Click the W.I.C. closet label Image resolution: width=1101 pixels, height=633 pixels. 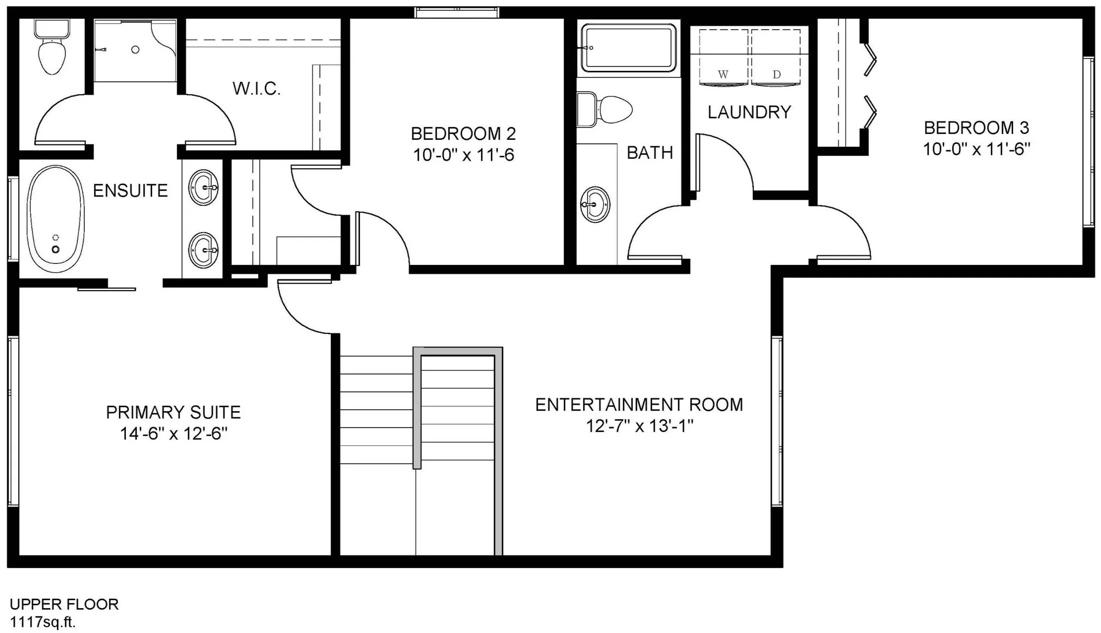pos(256,89)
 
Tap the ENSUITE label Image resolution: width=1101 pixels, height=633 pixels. pos(130,190)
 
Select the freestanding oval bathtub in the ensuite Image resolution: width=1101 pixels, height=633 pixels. pos(56,219)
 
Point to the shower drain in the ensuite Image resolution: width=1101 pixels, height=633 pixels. pos(135,50)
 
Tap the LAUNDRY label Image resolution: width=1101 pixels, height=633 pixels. pos(749,113)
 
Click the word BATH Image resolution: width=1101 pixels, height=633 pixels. pos(650,153)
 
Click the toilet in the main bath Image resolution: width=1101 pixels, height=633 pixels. pos(605,109)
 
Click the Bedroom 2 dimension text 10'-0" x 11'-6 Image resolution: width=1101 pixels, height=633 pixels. pos(464,155)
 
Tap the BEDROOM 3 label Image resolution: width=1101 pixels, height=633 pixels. pos(977,128)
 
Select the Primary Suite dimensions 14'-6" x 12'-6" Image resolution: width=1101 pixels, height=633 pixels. pos(174,434)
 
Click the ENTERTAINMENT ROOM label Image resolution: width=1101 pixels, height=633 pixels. pos(639,405)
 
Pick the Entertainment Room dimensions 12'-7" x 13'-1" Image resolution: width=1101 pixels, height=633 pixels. pos(640,426)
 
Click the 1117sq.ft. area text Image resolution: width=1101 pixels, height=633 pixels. pos(43,623)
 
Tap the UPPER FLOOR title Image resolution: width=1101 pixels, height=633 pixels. pos(64,604)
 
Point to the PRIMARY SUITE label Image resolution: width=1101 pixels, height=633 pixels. pos(174,412)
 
